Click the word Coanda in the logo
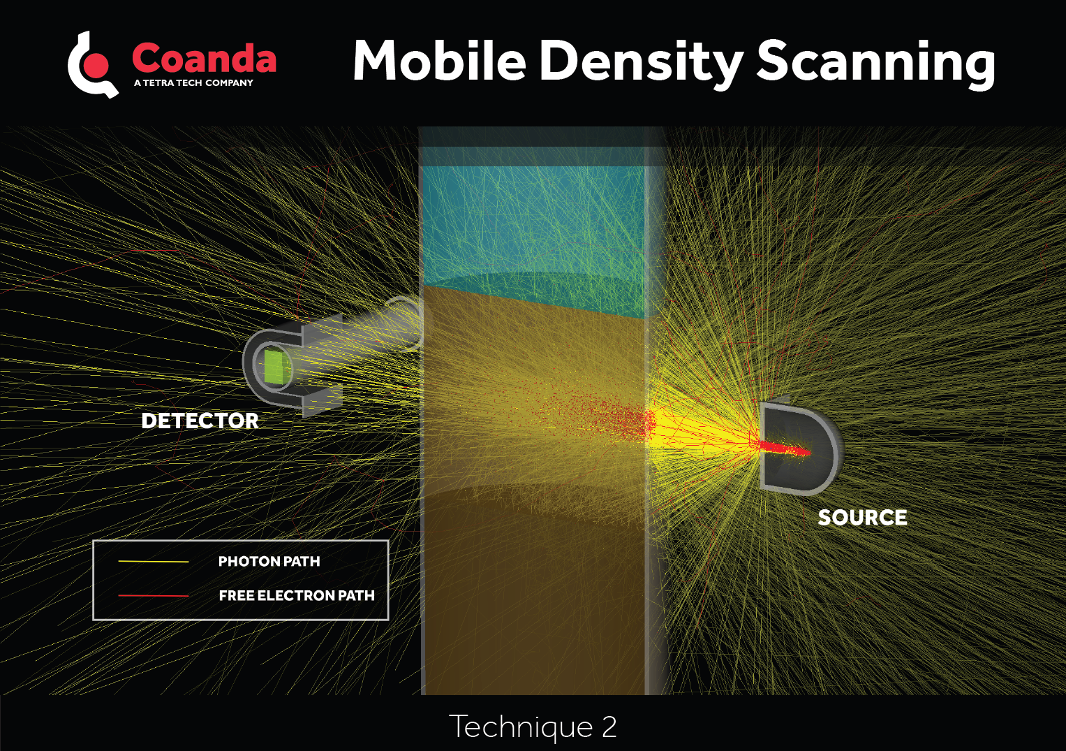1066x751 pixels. pos(204,59)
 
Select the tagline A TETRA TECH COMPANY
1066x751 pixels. pos(193,82)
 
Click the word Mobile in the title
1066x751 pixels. pos(439,61)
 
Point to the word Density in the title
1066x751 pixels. pos(641,61)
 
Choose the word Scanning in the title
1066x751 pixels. pos(875,61)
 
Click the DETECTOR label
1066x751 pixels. pos(200,421)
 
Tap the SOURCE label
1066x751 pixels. pos(862,518)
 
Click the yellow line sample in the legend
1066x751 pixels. pos(154,561)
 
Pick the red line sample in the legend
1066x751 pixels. pos(154,595)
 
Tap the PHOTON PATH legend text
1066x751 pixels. pos(269,562)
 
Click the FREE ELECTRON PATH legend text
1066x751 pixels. pos(297,596)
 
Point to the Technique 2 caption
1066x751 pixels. pos(533,727)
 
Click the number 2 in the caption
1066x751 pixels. pos(609,727)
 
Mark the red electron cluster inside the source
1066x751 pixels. pos(785,448)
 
